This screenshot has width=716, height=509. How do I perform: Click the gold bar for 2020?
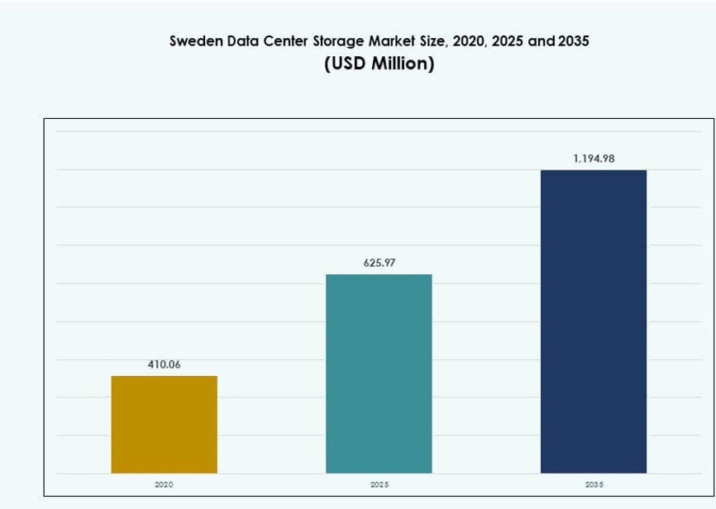point(164,425)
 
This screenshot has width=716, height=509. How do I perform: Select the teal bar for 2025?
point(379,373)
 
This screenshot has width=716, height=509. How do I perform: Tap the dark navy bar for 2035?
point(594,321)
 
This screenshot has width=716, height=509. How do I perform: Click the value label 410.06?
point(164,364)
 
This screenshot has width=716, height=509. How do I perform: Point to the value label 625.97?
point(379,263)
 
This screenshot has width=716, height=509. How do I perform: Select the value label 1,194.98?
point(594,159)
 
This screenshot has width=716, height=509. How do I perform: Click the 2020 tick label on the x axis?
point(164,484)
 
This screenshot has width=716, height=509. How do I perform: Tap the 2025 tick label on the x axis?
point(379,484)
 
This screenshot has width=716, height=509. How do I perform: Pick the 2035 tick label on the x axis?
point(594,484)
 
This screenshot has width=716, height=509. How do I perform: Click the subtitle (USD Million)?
point(379,64)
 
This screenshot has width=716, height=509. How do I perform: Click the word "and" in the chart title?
point(541,40)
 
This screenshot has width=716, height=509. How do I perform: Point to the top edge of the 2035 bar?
point(594,170)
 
